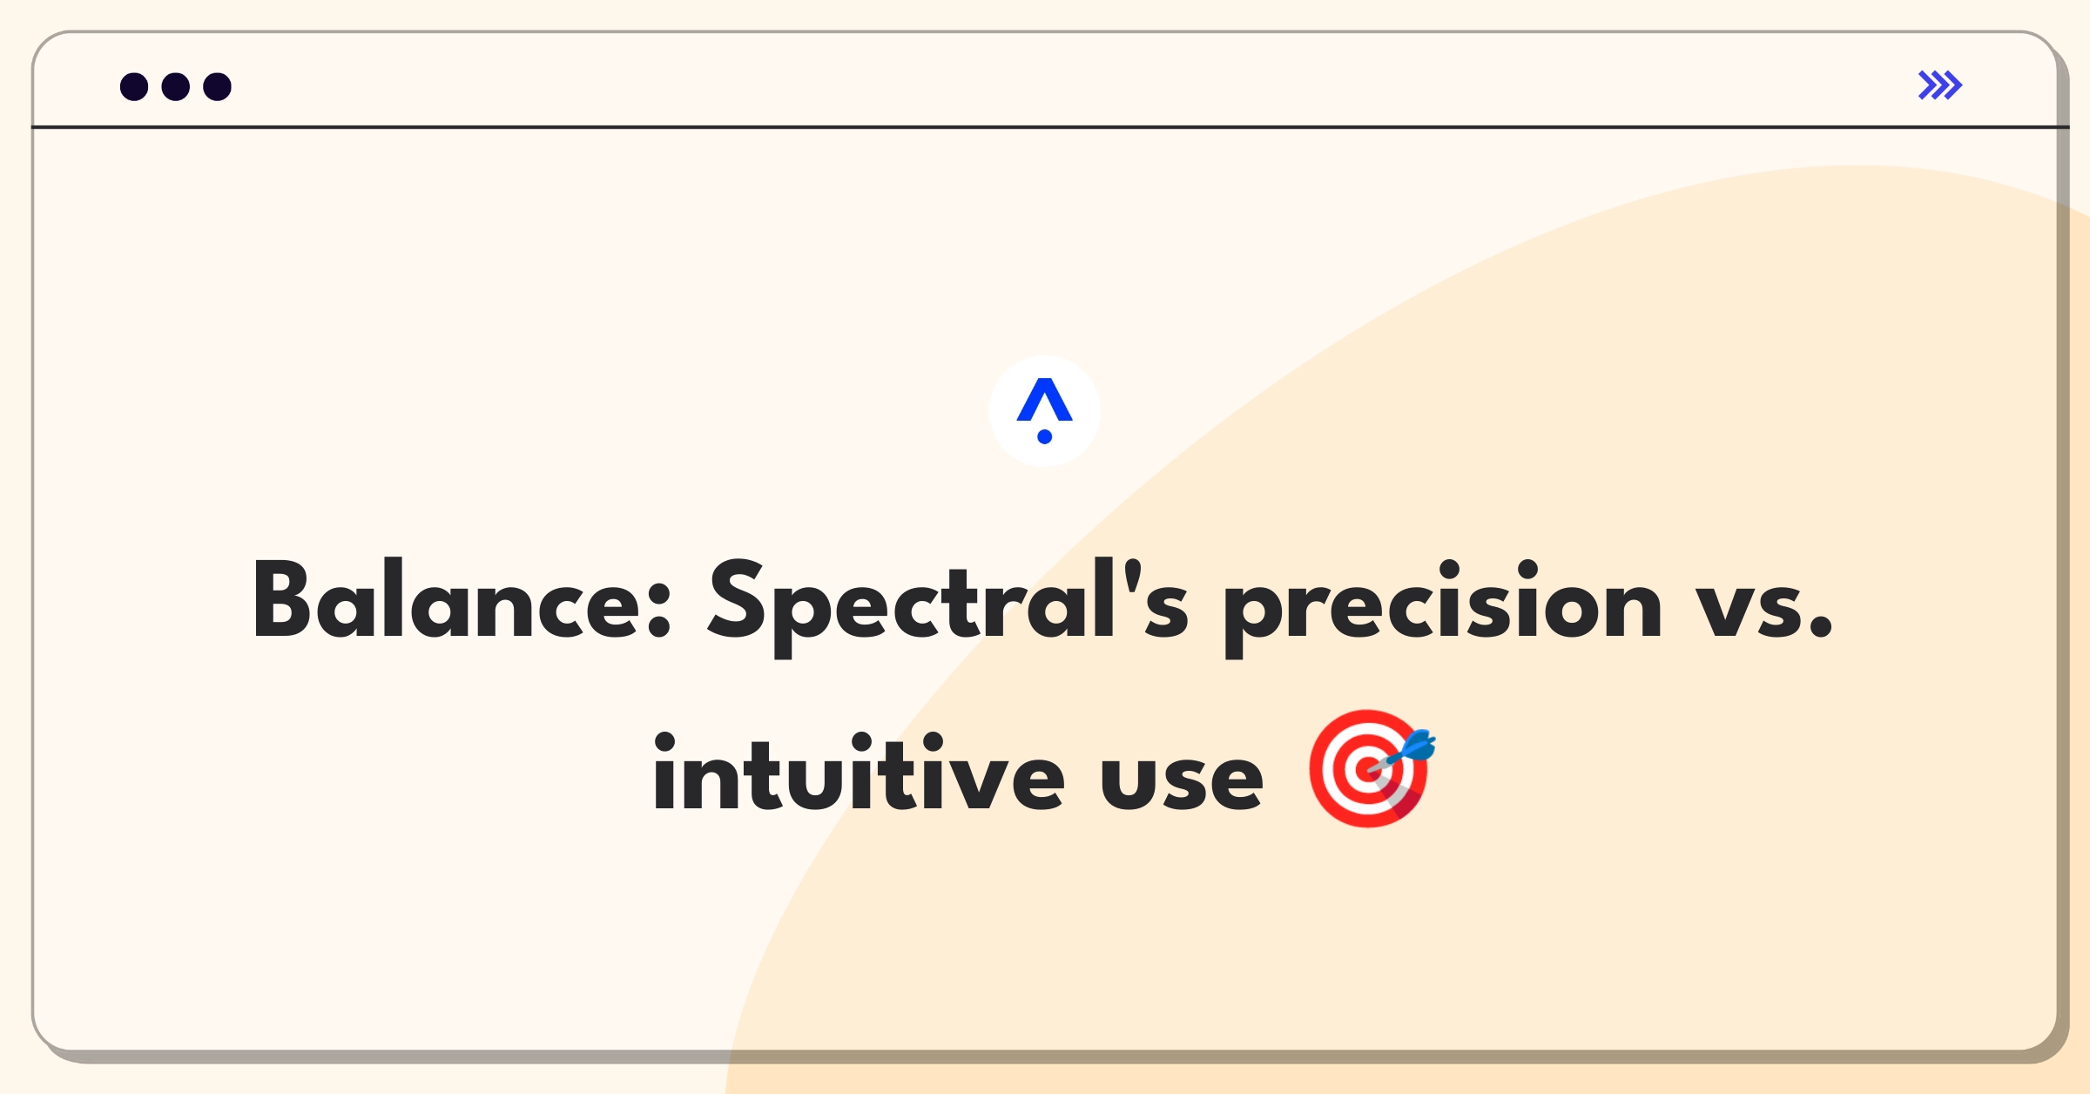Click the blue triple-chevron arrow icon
(1940, 85)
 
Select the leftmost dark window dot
(134, 87)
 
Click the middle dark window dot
(176, 87)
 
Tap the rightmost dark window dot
(218, 87)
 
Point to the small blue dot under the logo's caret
(1045, 436)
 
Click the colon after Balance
(659, 610)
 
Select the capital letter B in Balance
(280, 599)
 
